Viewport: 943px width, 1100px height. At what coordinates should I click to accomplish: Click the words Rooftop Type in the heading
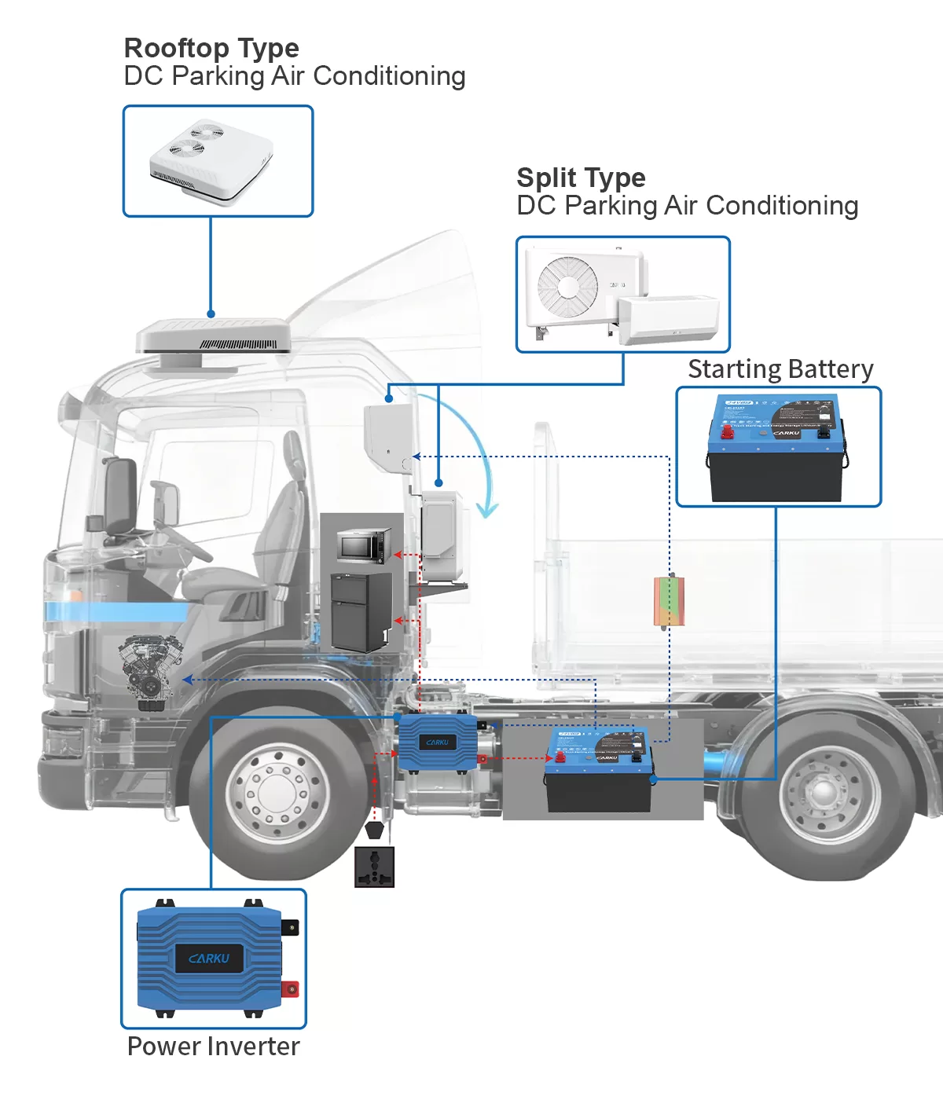211,49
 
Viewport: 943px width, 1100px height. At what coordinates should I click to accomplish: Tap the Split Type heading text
581,178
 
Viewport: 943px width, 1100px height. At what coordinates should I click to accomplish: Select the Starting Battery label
780,369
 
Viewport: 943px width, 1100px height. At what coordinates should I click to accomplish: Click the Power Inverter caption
213,1047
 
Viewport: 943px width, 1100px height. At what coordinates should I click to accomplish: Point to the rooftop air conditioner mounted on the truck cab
214,337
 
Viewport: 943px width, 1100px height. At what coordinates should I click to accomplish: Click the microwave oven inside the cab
364,546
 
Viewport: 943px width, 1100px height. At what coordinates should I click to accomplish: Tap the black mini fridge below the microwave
361,610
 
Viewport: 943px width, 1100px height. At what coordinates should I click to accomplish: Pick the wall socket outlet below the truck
374,867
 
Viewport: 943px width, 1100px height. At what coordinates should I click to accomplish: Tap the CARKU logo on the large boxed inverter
209,959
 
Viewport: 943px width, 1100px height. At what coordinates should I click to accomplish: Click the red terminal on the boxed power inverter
290,988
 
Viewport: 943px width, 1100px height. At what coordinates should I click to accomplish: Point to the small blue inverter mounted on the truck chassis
437,742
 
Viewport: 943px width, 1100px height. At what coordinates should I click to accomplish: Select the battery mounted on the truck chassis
599,770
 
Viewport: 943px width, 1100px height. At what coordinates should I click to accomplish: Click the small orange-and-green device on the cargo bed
669,601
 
